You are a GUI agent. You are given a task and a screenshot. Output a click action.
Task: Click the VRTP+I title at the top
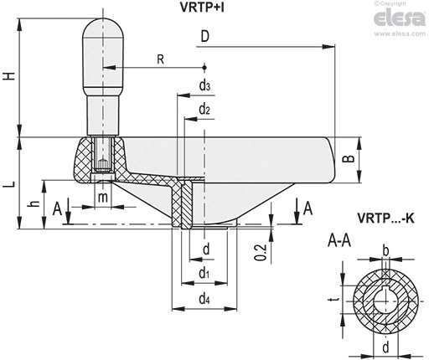click(x=202, y=8)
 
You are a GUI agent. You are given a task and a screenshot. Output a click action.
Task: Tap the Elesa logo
click(x=400, y=18)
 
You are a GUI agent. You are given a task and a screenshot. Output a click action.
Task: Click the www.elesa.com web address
click(x=400, y=33)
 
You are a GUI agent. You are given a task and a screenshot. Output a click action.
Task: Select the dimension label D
click(x=205, y=36)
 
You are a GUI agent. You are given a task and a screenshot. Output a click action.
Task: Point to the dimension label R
click(x=161, y=59)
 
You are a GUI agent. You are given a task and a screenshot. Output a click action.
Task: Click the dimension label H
click(x=9, y=76)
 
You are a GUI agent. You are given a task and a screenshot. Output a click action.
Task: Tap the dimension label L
click(x=9, y=184)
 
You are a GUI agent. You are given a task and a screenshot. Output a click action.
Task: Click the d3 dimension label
click(x=204, y=85)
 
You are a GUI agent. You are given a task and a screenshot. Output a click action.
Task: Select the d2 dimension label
click(x=204, y=109)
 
